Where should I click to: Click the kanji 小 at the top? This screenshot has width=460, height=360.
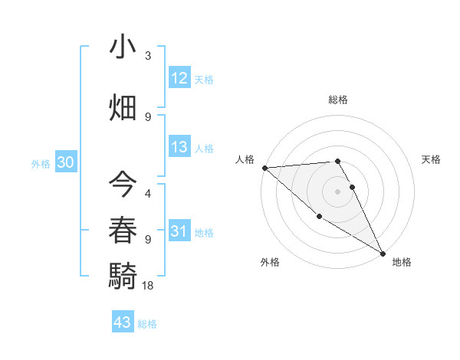(x=123, y=47)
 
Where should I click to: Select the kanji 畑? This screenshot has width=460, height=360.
(x=123, y=106)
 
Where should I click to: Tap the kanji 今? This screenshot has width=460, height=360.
(x=123, y=184)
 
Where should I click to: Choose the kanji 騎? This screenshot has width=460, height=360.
(x=123, y=274)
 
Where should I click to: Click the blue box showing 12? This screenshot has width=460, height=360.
(x=179, y=78)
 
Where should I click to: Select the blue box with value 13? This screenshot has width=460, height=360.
(x=179, y=147)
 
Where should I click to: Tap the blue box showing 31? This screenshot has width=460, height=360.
(x=179, y=231)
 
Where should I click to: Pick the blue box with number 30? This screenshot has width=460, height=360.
(x=65, y=162)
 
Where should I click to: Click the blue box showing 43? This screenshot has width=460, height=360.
(x=123, y=322)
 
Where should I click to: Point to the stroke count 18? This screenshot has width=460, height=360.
(x=149, y=285)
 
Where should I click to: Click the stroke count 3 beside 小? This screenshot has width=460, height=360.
(x=148, y=57)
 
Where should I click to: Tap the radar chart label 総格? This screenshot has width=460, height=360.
(x=338, y=100)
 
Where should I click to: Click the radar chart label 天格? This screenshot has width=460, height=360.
(x=432, y=159)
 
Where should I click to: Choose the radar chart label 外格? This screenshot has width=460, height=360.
(x=270, y=262)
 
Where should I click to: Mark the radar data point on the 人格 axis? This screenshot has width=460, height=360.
(x=264, y=168)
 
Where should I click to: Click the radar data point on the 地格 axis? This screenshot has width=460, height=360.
(x=382, y=253)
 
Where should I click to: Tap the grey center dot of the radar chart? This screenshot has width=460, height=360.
(x=338, y=191)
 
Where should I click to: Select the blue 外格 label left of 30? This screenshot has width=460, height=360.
(x=41, y=163)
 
